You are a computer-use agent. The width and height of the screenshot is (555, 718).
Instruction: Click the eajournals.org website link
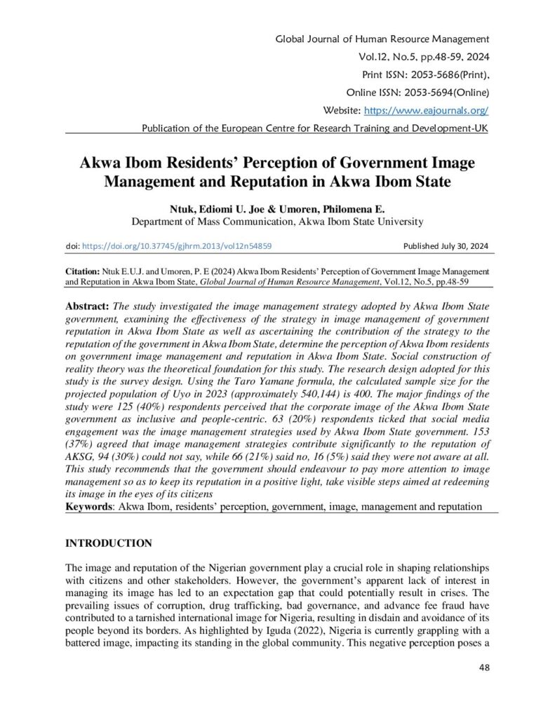(425, 111)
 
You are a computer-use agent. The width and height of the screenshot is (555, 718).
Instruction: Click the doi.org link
(177, 246)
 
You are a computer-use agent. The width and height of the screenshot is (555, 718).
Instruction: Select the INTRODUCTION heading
(109, 543)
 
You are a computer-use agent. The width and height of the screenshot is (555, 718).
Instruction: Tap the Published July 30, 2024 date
(446, 246)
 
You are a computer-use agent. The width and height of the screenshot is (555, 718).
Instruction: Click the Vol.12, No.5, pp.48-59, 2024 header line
(423, 56)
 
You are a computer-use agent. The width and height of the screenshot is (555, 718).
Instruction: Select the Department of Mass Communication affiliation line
(277, 222)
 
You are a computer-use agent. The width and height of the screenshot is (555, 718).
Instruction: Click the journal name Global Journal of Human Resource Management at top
(382, 38)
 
